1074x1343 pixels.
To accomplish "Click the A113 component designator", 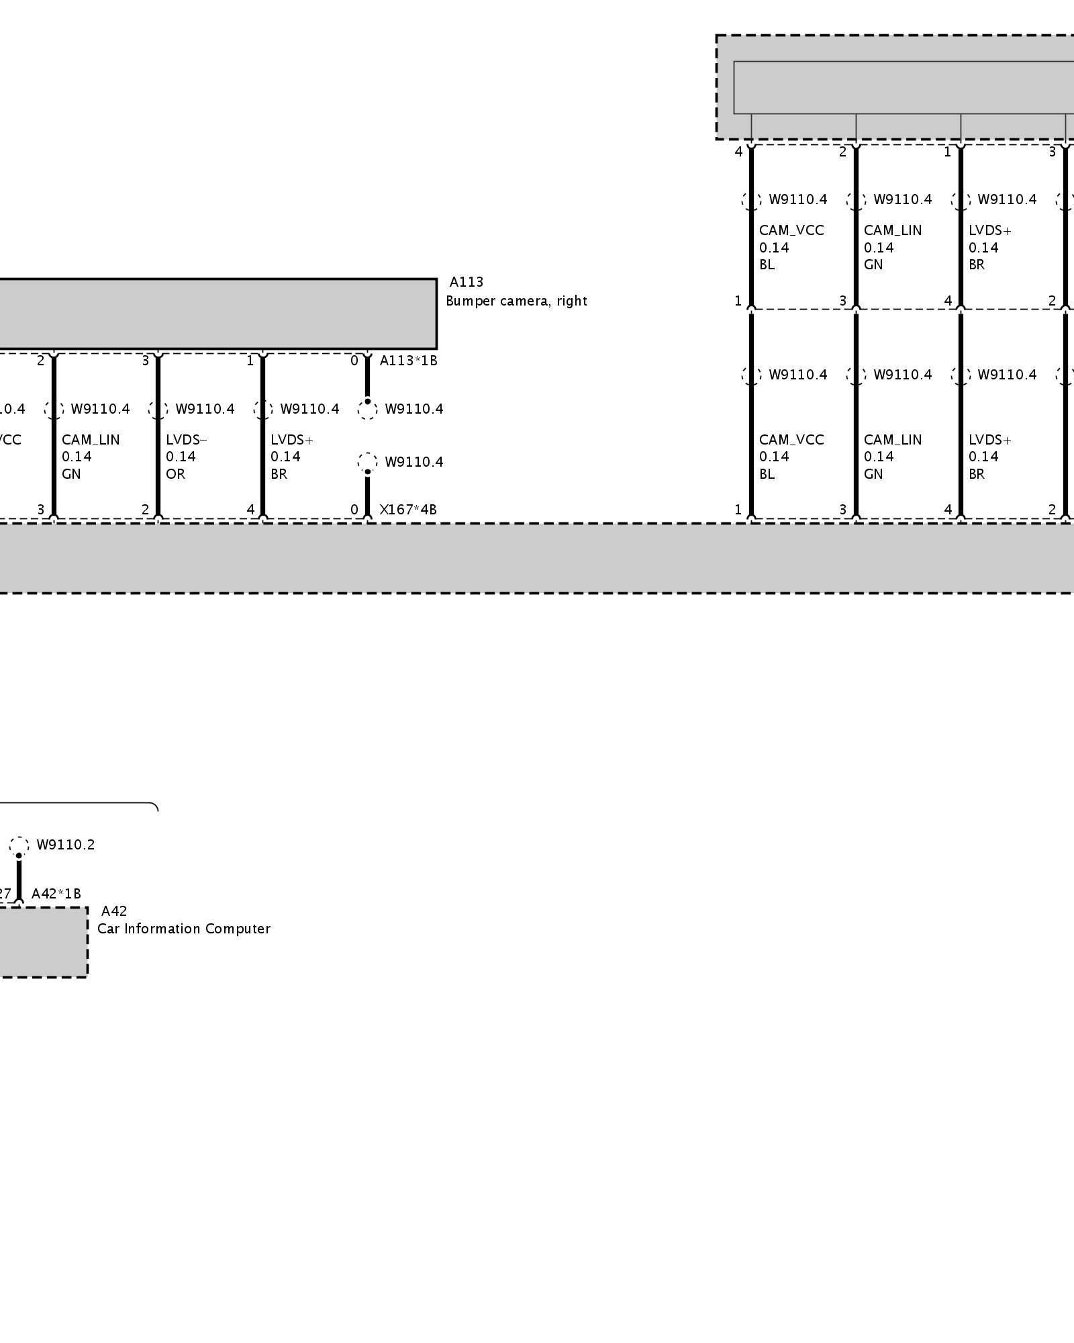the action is pyautogui.click(x=466, y=282).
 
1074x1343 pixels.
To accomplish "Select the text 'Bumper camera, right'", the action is pyautogui.click(x=516, y=301).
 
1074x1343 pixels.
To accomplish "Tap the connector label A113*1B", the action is pyautogui.click(x=408, y=361).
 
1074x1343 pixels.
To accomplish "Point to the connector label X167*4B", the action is pyautogui.click(x=408, y=510).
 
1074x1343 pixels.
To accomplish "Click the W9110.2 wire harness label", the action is pyautogui.click(x=65, y=845).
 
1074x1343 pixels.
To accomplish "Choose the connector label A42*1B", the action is pyautogui.click(x=56, y=894).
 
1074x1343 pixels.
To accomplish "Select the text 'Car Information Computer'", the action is pyautogui.click(x=183, y=929).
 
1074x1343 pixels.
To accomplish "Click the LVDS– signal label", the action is pyautogui.click(x=187, y=440).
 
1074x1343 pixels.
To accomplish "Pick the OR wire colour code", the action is pyautogui.click(x=175, y=474).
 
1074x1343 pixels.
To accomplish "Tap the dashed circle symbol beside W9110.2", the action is pyautogui.click(x=19, y=845).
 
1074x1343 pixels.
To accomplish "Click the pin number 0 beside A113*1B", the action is pyautogui.click(x=354, y=361).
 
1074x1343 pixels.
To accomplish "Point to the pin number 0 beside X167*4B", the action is pyautogui.click(x=354, y=510).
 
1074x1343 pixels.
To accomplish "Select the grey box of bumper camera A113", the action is pyautogui.click(x=215, y=314).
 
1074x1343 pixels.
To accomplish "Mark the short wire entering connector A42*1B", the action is pyautogui.click(x=19, y=880).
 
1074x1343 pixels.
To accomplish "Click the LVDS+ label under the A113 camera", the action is pyautogui.click(x=291, y=440).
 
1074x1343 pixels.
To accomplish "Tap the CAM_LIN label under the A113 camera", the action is pyautogui.click(x=91, y=440).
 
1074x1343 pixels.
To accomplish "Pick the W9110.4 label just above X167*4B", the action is pyautogui.click(x=413, y=462).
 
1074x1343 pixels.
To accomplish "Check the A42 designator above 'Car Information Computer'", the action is pyautogui.click(x=113, y=911).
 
